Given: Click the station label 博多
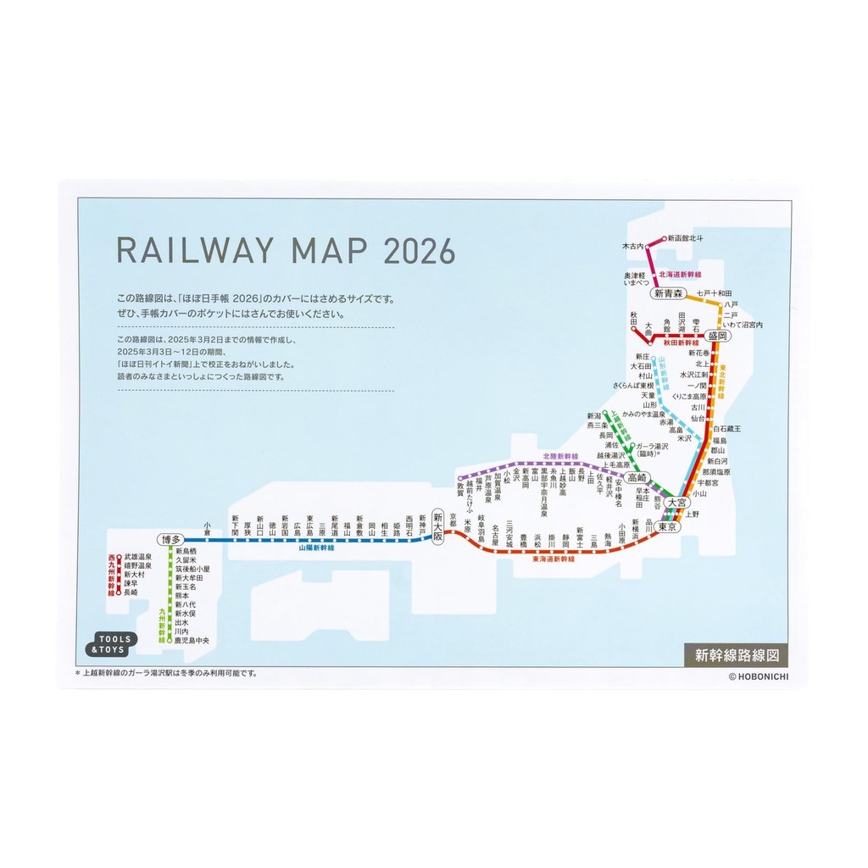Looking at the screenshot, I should [171, 539].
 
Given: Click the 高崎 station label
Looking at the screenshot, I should [637, 478].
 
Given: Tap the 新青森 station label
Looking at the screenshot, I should [668, 294].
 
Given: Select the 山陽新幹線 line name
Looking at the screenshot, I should [315, 549].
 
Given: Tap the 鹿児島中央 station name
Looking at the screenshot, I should [192, 640].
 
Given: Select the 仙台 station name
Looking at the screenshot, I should [698, 419].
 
